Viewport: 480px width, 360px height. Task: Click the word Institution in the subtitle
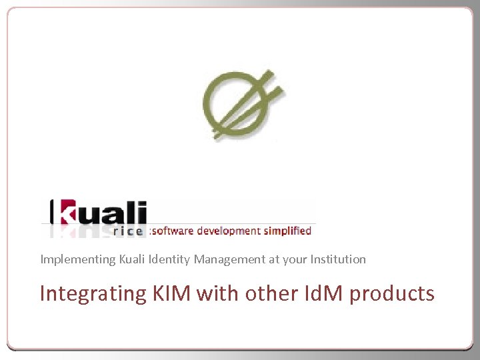click(x=337, y=259)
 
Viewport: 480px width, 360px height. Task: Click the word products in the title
click(x=392, y=293)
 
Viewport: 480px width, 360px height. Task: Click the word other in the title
click(x=267, y=293)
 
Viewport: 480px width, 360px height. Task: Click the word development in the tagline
click(x=227, y=231)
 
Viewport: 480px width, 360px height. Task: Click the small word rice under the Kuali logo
click(x=129, y=232)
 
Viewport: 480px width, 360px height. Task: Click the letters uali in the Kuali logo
click(x=115, y=213)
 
